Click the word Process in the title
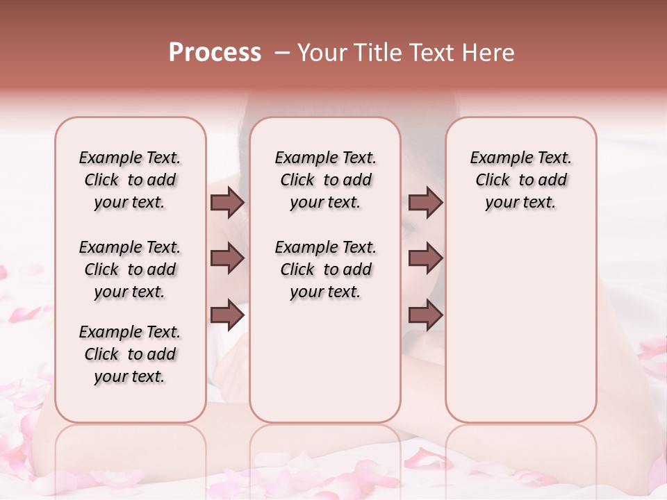click(215, 53)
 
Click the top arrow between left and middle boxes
click(227, 203)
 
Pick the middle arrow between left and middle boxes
click(227, 259)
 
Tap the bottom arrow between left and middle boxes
click(227, 315)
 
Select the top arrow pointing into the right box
click(425, 203)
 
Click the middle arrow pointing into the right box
click(425, 259)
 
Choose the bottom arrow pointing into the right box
click(425, 315)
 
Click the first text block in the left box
click(130, 180)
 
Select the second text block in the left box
click(130, 269)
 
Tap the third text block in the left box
click(130, 354)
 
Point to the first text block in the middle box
click(325, 180)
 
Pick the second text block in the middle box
click(325, 269)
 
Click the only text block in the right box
click(520, 180)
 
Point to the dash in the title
click(281, 53)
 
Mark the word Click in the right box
click(493, 181)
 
